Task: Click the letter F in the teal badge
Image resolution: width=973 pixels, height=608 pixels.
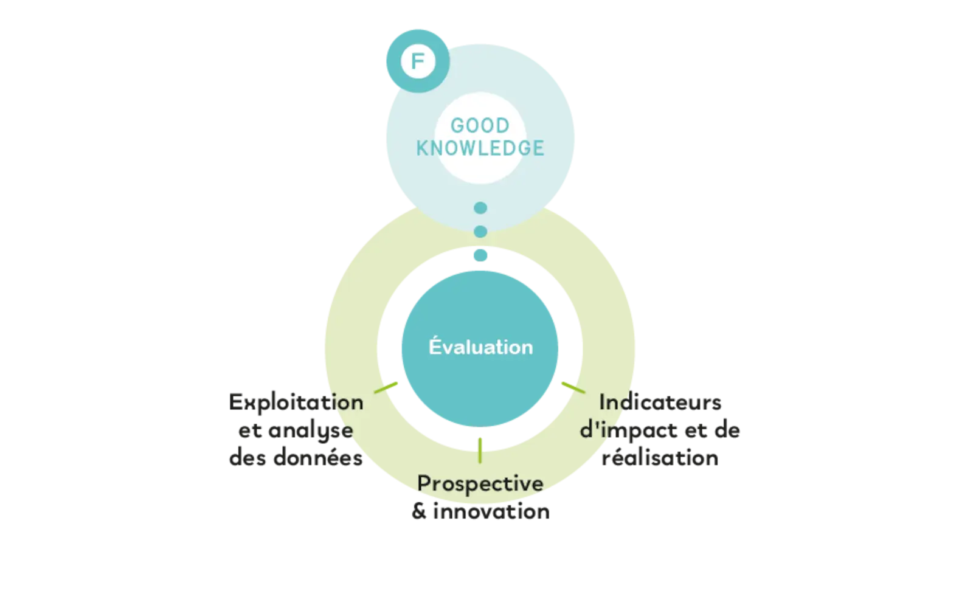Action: (417, 62)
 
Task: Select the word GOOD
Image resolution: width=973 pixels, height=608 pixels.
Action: (480, 126)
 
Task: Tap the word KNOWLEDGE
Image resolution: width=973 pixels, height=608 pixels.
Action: (480, 148)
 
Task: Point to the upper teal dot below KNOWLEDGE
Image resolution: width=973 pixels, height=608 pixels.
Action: (480, 208)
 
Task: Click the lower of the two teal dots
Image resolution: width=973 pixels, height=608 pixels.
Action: (480, 232)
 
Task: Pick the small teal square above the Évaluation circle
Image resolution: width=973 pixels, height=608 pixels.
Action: (480, 255)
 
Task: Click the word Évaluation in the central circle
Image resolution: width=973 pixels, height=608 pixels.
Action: (480, 347)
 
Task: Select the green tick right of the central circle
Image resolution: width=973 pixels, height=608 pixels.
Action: (572, 386)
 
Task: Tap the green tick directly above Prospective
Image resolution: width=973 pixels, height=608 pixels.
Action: (480, 449)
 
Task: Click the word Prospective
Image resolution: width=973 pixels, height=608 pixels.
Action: (480, 484)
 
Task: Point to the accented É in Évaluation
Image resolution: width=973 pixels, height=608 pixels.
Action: (434, 346)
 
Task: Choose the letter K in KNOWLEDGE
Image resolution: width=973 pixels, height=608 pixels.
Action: (422, 148)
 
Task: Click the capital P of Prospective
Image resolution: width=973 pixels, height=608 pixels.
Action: (424, 483)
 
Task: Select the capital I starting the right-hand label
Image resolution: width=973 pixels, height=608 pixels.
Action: (603, 402)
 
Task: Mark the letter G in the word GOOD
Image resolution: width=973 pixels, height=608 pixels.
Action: (457, 126)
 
